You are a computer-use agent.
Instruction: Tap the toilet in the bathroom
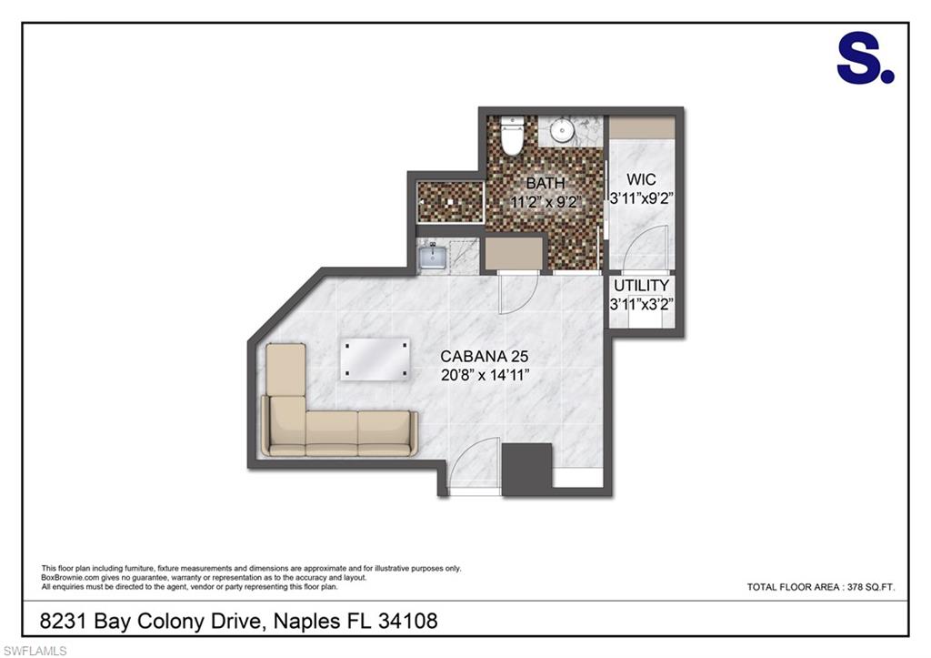511,135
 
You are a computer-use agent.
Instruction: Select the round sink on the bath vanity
561,131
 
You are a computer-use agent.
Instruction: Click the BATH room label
546,183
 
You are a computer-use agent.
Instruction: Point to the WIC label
641,179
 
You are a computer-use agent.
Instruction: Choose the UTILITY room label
641,285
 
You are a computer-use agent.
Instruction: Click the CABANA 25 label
484,357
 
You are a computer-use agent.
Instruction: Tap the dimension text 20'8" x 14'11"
485,375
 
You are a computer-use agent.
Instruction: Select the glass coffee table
375,359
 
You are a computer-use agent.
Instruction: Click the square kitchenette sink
433,258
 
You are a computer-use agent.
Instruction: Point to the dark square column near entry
526,469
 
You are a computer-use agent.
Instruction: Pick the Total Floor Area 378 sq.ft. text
821,587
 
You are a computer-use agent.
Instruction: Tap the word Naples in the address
306,622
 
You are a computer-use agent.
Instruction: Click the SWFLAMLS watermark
35,651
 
